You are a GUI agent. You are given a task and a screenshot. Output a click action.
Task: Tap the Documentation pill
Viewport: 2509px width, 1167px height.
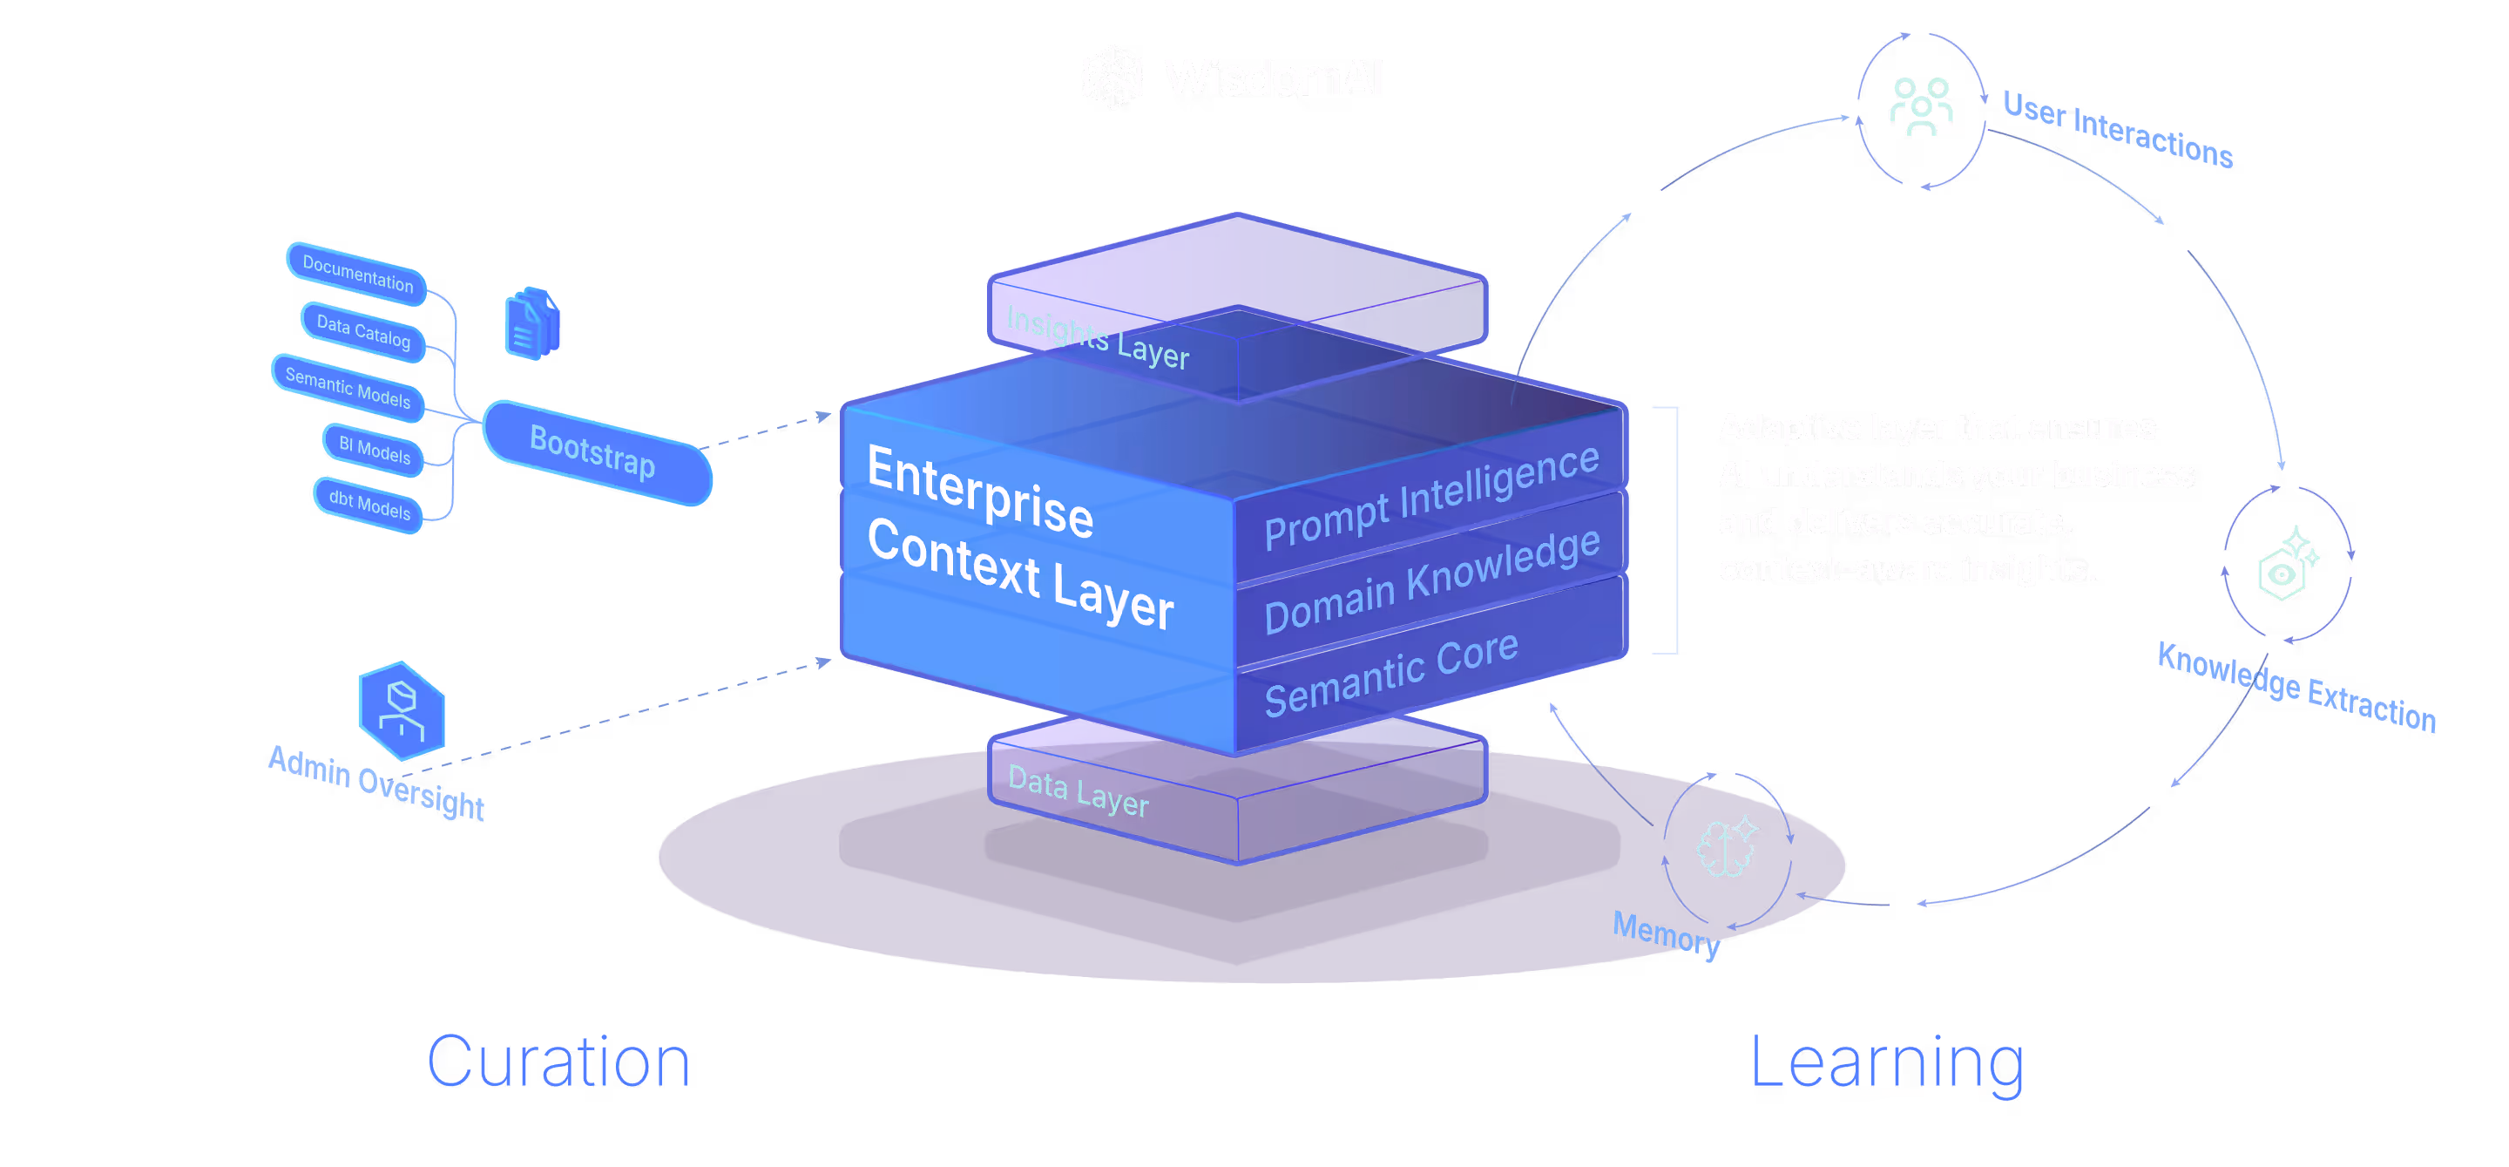coord(357,274)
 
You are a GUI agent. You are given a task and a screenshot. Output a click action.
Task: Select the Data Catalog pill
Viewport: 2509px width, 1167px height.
coord(363,331)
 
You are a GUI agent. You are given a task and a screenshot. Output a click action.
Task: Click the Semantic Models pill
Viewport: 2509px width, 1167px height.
coord(348,388)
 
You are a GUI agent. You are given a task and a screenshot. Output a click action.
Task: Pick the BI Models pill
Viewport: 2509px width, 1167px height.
coord(374,449)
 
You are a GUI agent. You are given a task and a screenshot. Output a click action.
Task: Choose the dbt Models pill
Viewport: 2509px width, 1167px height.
coord(369,505)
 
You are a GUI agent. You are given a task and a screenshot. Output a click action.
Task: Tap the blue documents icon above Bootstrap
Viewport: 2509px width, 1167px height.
coord(531,324)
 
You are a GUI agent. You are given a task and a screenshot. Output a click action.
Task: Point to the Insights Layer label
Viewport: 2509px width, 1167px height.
coord(1097,337)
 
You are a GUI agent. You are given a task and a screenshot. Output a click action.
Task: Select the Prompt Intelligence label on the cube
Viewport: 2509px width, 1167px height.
coord(1430,496)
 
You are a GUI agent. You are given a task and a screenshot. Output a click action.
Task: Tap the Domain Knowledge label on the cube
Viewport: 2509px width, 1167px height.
coord(1430,580)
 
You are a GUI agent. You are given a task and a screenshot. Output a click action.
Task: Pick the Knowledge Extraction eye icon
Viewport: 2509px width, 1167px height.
coord(2287,566)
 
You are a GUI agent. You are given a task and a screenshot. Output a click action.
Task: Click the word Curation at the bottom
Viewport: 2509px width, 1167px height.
coord(559,1062)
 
